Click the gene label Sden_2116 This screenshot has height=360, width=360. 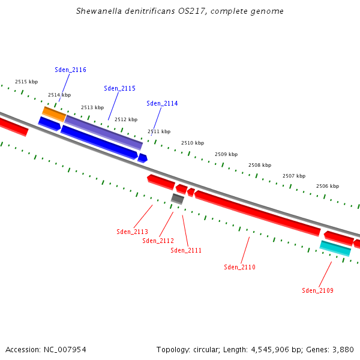70,70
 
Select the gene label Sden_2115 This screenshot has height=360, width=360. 119,88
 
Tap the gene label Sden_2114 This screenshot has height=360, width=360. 162,103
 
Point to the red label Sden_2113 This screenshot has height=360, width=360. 132,232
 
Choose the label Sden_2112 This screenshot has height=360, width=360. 158,241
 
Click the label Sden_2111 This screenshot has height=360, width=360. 186,250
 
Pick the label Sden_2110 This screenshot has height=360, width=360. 239,267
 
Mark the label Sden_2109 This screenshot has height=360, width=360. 317,290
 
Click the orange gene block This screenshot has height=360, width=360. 54,113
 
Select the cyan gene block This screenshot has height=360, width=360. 335,248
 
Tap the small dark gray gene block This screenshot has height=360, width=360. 178,199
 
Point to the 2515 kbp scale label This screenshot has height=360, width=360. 26,82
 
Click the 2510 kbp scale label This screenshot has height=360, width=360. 193,143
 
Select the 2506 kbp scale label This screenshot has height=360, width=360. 328,186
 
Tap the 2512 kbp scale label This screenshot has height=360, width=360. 126,119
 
